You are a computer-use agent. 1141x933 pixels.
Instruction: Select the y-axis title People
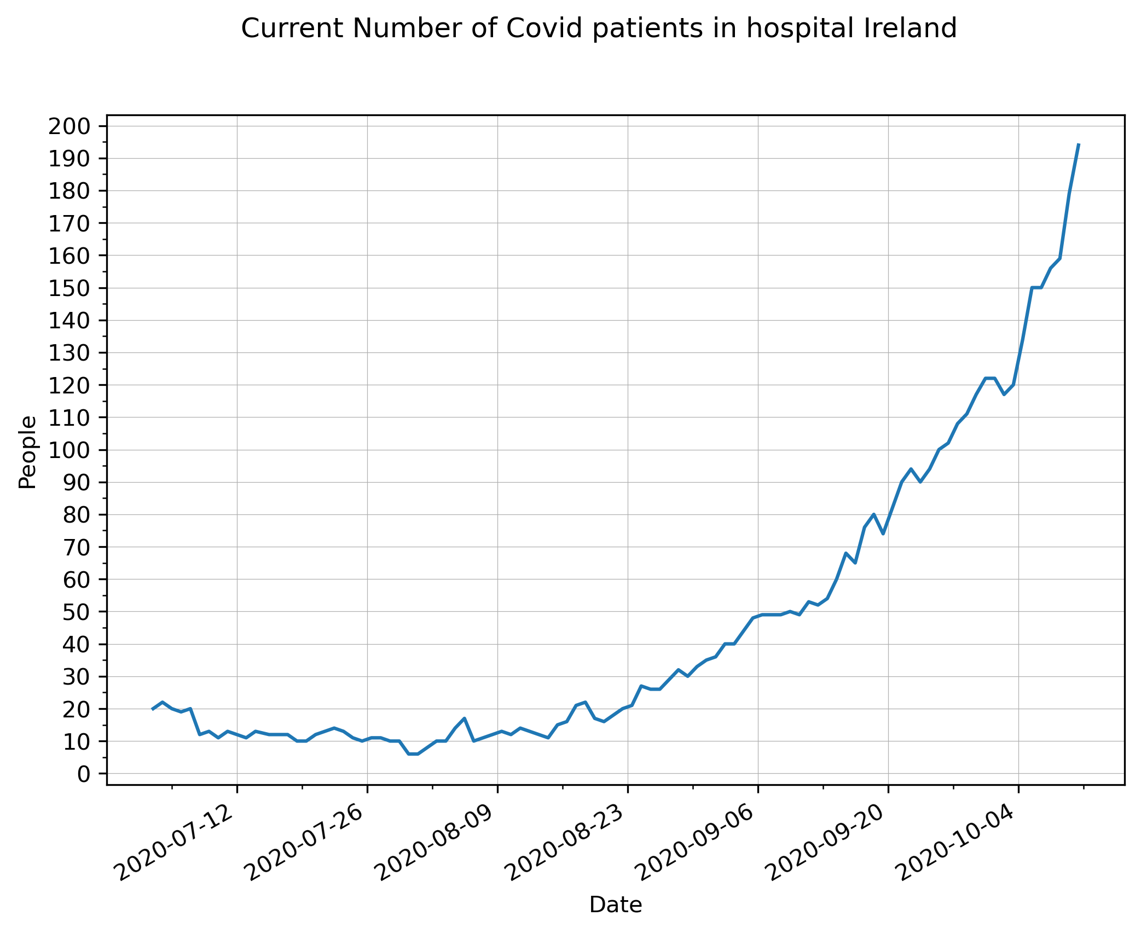pyautogui.click(x=27, y=452)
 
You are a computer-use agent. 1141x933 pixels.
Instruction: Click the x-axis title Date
pyautogui.click(x=615, y=905)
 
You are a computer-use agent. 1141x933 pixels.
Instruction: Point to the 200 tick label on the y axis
pyautogui.click(x=69, y=126)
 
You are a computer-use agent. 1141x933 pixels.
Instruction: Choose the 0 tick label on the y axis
pyautogui.click(x=84, y=774)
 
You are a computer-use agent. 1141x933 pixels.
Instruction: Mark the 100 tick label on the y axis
pyautogui.click(x=69, y=450)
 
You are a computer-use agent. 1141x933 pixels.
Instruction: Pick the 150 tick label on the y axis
pyautogui.click(x=69, y=288)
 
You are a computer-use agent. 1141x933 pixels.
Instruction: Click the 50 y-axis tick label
pyautogui.click(x=77, y=612)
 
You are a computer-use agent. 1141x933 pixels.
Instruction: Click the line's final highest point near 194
pyautogui.click(x=1078, y=144)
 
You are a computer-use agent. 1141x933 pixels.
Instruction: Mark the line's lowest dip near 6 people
pyautogui.click(x=413, y=754)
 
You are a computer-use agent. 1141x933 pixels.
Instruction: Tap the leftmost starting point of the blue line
pyautogui.click(x=153, y=709)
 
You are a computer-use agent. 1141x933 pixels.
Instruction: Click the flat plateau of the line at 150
pyautogui.click(x=1036, y=287)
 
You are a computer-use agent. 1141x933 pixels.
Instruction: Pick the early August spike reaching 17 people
pyautogui.click(x=464, y=718)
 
